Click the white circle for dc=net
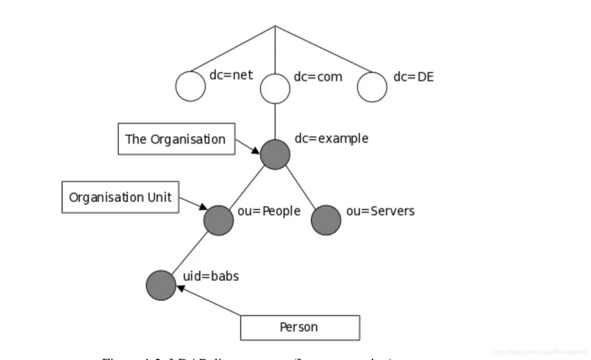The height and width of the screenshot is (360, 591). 190,86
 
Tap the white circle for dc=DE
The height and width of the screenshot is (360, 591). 372,86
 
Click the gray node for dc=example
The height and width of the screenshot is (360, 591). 275,154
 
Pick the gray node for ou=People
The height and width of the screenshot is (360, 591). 219,219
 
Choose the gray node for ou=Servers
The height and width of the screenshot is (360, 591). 327,219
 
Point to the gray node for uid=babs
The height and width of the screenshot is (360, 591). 161,285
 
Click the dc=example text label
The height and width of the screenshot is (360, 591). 331,138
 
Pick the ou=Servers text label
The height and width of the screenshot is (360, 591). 380,211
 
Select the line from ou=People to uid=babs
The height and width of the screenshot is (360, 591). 190,252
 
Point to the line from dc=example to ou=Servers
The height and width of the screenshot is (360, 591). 301,186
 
